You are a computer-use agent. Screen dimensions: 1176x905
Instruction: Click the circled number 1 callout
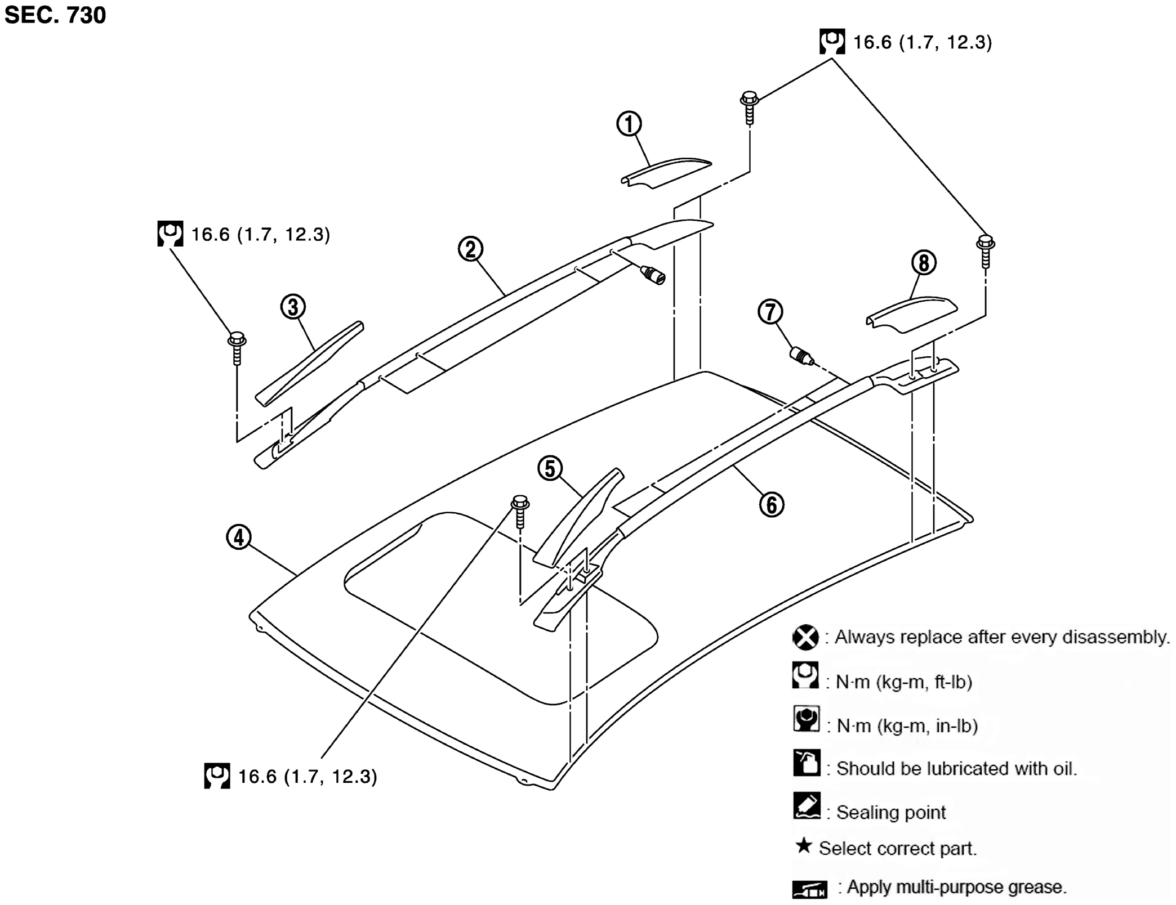point(629,124)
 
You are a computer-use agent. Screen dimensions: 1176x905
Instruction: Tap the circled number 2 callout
point(470,249)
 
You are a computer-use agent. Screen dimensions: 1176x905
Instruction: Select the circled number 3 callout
point(293,307)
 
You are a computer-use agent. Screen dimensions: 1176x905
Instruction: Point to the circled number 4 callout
point(239,537)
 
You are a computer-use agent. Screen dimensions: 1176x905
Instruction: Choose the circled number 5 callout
point(550,468)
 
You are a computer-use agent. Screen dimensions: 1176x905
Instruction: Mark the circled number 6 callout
point(772,504)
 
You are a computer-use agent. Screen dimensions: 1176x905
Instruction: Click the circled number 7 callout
point(770,312)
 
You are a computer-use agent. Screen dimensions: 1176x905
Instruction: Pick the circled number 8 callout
point(924,262)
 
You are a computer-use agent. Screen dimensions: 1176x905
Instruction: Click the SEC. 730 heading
point(55,15)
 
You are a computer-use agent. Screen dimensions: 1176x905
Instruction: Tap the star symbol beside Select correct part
point(804,845)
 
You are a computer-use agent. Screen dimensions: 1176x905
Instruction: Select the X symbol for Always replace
point(805,638)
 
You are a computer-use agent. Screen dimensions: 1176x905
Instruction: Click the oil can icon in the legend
point(807,763)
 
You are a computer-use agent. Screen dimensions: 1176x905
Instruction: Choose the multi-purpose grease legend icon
point(810,889)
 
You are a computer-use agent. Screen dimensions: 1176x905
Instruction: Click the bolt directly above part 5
point(519,511)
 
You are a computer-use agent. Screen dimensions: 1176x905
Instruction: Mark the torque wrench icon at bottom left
point(217,776)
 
